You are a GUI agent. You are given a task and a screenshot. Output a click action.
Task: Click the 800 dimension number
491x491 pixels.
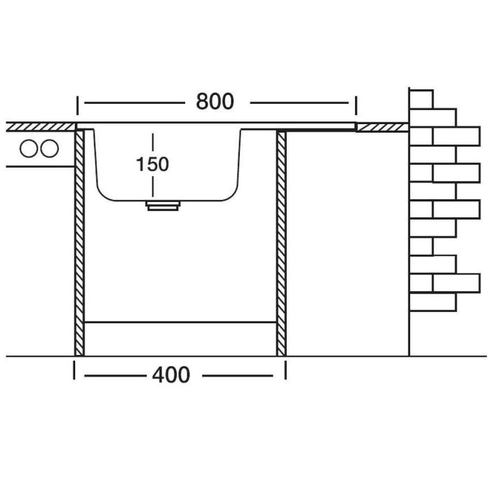pyautogui.click(x=215, y=101)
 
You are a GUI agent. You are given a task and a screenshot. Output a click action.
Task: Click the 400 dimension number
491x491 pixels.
pyautogui.click(x=171, y=375)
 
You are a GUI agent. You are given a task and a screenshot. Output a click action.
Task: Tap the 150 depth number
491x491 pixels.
pyautogui.click(x=152, y=164)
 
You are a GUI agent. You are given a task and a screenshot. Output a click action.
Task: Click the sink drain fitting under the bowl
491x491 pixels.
pyautogui.click(x=163, y=206)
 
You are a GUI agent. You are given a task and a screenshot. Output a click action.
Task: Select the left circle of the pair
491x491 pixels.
pyautogui.click(x=29, y=149)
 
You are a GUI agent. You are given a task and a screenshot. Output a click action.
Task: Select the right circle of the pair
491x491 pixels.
pyautogui.click(x=50, y=149)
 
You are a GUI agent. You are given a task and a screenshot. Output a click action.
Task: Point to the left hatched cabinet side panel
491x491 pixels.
pyautogui.click(x=79, y=243)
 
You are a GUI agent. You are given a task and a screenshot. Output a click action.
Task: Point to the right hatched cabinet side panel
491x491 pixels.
pyautogui.click(x=281, y=243)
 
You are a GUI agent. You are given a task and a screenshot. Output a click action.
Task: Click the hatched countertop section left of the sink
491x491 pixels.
pyautogui.click(x=41, y=127)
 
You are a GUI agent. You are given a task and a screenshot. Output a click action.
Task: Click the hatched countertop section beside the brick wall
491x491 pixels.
pyautogui.click(x=382, y=128)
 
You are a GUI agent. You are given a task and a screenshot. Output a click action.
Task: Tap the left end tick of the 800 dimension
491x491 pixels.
pyautogui.click(x=77, y=106)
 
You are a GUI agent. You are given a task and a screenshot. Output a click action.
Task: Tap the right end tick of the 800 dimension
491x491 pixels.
pyautogui.click(x=356, y=106)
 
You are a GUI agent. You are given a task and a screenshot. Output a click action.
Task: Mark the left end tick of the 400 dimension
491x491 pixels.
pyautogui.click(x=74, y=370)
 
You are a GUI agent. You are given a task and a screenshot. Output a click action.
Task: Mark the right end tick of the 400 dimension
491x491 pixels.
pyautogui.click(x=285, y=370)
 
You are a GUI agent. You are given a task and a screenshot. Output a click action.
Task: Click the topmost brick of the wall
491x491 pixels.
pyautogui.click(x=421, y=100)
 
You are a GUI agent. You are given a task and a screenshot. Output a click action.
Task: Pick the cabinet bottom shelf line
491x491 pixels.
pyautogui.click(x=181, y=321)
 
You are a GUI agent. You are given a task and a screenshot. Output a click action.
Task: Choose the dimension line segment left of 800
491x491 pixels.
pyautogui.click(x=135, y=102)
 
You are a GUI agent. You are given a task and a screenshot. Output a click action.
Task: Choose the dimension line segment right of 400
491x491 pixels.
pyautogui.click(x=238, y=375)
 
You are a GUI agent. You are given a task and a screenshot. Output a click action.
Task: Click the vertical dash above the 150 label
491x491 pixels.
pyautogui.click(x=153, y=142)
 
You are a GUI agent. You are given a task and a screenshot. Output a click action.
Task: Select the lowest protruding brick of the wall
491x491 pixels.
pyautogui.click(x=457, y=283)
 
